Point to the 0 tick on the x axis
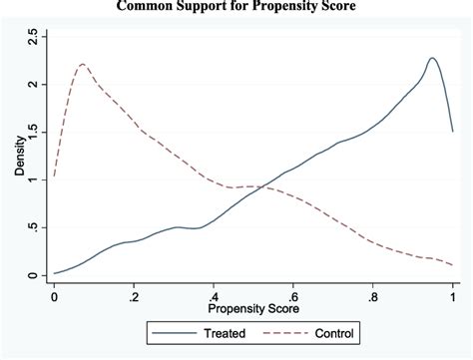54,296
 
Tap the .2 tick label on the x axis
133,296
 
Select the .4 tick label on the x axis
213,296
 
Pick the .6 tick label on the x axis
292,296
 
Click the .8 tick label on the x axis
372,296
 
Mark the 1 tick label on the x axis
453,296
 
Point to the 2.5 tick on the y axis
34,38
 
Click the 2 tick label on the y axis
34,85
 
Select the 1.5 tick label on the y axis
34,133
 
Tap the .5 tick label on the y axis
34,227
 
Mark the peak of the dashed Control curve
82,65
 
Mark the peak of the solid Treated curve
432,58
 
